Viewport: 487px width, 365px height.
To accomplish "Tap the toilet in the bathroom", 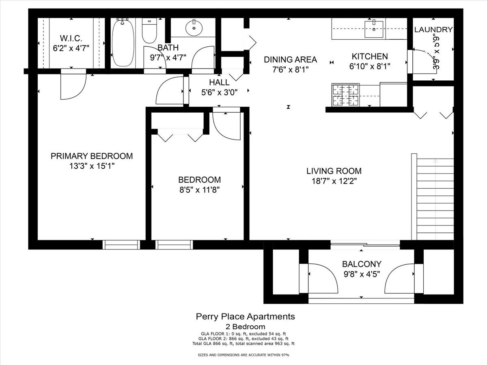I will (x=149, y=32).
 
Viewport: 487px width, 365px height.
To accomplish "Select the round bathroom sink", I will (x=194, y=28).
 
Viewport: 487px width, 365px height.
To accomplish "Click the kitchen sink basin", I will (x=373, y=30).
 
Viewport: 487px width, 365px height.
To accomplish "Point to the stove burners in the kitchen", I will (x=343, y=95).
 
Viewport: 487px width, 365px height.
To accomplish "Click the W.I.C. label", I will (x=71, y=39).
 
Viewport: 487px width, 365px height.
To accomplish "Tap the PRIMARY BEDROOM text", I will (x=92, y=156).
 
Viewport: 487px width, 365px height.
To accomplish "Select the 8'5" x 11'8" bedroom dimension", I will (x=199, y=189).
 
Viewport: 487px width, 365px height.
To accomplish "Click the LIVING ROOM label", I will (x=334, y=171).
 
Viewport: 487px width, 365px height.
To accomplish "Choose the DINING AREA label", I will (x=290, y=60).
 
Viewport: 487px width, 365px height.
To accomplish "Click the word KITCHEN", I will (x=370, y=56).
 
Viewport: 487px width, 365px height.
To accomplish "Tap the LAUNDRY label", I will (x=433, y=30).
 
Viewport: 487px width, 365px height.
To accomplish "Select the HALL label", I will (x=220, y=82).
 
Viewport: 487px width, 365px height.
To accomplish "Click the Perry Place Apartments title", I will (x=246, y=316).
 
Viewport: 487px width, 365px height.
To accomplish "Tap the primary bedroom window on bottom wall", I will (x=121, y=245).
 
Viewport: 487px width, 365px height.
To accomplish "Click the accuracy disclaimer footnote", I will (x=243, y=354).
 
